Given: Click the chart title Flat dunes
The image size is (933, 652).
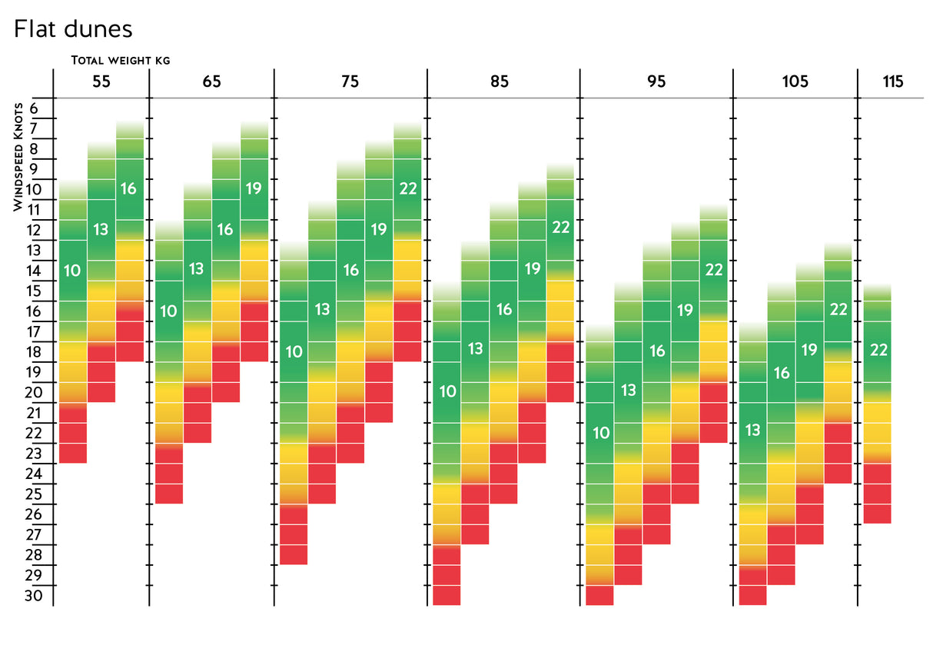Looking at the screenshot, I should click(x=73, y=29).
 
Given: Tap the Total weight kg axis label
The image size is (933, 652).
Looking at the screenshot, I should click(x=121, y=60).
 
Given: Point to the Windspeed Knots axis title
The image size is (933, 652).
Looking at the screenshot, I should click(x=18, y=156).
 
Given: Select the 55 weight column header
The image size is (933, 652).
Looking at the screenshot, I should click(x=101, y=81).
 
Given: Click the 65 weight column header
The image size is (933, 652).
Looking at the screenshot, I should click(x=211, y=81).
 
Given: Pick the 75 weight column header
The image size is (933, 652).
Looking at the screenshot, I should click(x=350, y=81).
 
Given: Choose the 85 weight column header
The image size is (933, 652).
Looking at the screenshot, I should click(x=499, y=81).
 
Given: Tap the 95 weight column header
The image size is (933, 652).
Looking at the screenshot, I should click(x=656, y=81).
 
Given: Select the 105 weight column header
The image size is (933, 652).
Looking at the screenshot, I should click(x=795, y=81).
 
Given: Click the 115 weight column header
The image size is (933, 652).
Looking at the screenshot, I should click(x=893, y=81).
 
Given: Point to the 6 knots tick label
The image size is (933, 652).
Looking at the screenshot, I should click(x=35, y=108).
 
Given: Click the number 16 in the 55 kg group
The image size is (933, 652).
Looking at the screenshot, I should click(x=129, y=188).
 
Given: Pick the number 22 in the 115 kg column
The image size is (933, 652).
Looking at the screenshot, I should click(x=878, y=351).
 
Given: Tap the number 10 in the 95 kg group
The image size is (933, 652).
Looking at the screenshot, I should click(x=600, y=433).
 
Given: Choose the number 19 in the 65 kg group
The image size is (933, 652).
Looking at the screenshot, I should click(x=254, y=188).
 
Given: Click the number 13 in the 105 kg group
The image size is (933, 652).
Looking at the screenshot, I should click(x=753, y=430).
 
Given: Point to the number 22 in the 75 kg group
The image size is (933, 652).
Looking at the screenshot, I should click(x=407, y=188).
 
